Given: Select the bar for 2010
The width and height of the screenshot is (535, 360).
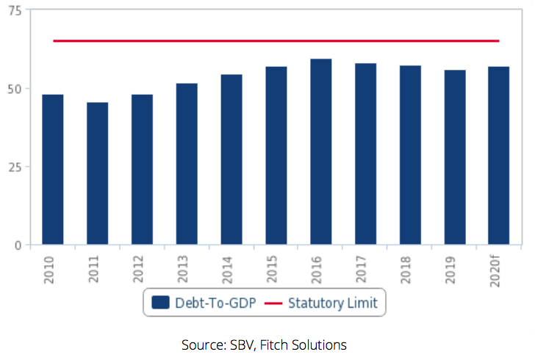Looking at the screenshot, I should [x=53, y=170].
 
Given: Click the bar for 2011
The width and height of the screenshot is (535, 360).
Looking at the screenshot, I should [x=98, y=173].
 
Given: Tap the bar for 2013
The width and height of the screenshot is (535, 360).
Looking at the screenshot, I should [x=187, y=164].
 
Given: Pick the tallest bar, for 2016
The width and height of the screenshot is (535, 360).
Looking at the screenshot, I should [x=320, y=151].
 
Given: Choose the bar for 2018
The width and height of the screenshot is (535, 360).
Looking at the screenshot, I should [x=410, y=155].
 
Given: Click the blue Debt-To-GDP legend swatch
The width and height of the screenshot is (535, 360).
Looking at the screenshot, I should [x=160, y=302].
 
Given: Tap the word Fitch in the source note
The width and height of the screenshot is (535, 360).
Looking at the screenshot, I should [x=265, y=344].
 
